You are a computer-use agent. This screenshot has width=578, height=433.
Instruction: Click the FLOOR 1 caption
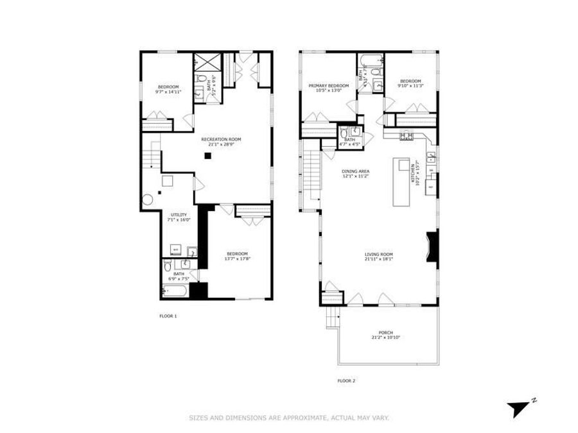click(168, 316)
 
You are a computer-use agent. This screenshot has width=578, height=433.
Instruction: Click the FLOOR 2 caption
click(346, 380)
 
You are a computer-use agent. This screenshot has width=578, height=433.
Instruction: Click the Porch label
click(385, 332)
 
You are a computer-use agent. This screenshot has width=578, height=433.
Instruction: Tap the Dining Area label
click(355, 171)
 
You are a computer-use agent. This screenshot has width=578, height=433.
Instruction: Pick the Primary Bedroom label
click(328, 86)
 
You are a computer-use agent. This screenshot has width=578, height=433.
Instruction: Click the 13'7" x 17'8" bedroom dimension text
click(236, 259)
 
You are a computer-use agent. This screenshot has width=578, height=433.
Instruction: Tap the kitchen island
click(403, 182)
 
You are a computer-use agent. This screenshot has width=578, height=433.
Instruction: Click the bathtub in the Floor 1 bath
click(175, 292)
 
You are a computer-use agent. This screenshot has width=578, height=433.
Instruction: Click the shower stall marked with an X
click(208, 63)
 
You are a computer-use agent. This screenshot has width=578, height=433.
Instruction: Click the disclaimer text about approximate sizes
click(288, 418)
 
